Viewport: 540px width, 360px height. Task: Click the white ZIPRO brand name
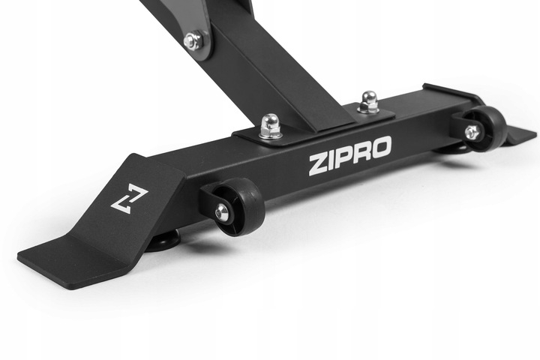click(x=350, y=155)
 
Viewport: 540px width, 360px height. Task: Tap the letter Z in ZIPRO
click(x=317, y=165)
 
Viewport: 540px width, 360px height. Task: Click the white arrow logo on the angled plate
click(x=129, y=200)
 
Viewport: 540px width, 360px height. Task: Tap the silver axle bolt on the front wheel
click(x=220, y=211)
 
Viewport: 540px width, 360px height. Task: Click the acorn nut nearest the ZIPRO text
click(x=271, y=126)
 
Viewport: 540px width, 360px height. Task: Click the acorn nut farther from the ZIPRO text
click(x=368, y=102)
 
